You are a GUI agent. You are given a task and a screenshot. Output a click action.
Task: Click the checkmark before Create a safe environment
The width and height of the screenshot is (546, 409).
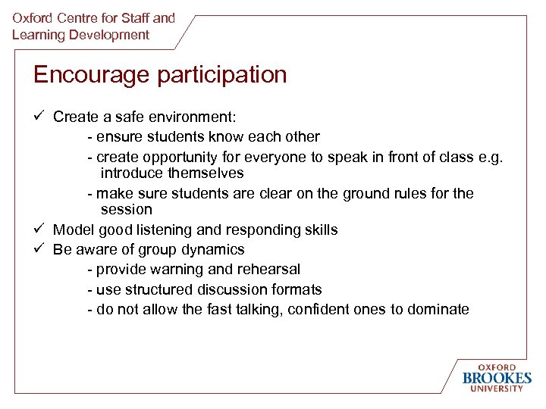(39, 117)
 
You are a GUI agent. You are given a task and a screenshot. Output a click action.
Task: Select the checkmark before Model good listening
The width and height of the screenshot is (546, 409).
(39, 229)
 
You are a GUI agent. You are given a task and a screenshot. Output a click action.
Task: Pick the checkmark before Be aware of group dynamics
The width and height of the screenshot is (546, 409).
(39, 249)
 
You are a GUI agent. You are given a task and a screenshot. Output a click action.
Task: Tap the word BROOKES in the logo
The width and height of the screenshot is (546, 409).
(497, 378)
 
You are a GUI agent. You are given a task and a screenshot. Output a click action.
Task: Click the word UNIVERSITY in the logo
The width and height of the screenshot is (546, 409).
(497, 389)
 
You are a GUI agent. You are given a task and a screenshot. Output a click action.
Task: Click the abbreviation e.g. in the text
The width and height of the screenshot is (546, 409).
(489, 157)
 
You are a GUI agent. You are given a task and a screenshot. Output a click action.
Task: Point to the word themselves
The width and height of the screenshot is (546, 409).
(206, 173)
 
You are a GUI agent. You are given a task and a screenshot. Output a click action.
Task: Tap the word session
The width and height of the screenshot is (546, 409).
(126, 210)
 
